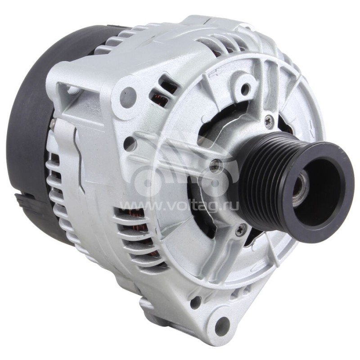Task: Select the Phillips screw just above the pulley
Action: click(x=269, y=120)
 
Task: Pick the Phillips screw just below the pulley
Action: click(x=239, y=231)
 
